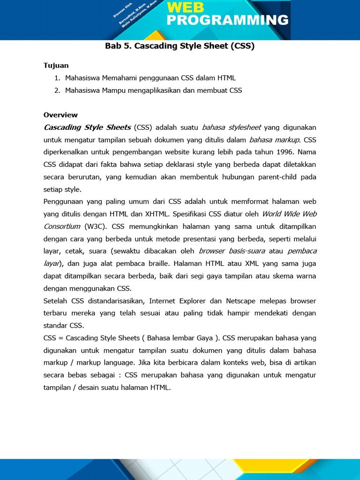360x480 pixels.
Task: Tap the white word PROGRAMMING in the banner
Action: (227, 20)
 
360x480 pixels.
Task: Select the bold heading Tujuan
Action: (56, 66)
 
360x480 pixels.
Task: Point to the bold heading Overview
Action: (60, 115)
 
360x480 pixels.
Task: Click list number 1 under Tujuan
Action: (57, 78)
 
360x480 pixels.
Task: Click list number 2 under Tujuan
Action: (57, 90)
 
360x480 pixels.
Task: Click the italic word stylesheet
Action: (244, 127)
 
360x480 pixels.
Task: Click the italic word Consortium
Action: (62, 226)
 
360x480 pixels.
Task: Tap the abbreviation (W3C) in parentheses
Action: (96, 226)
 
